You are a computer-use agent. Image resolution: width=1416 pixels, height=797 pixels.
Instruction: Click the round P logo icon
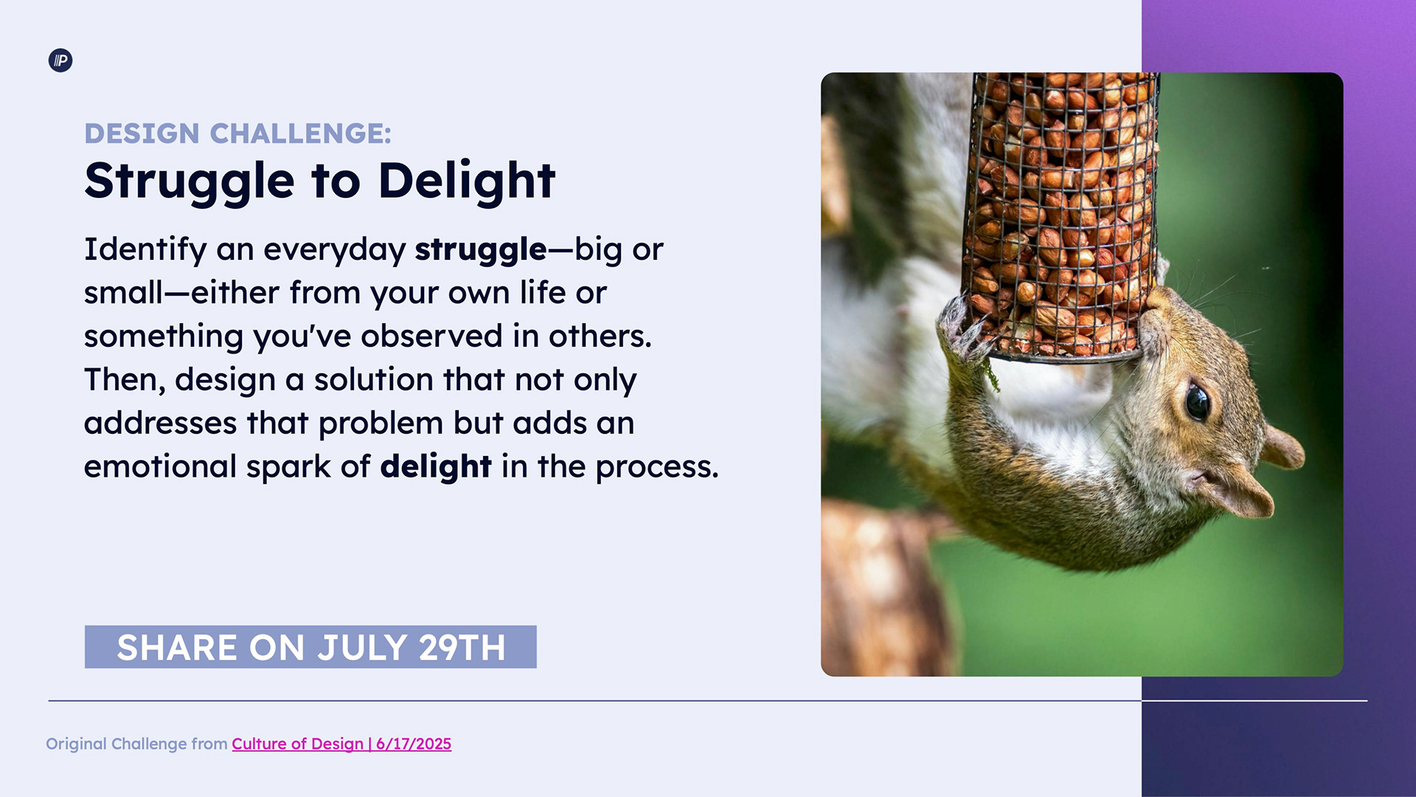[60, 61]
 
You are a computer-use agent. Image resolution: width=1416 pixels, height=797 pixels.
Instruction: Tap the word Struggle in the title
[190, 182]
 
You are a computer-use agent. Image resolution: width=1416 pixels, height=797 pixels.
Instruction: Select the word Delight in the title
[466, 181]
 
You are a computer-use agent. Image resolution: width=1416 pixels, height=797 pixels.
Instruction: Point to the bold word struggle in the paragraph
[481, 250]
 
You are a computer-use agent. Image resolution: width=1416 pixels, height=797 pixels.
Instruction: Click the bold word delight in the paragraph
[436, 467]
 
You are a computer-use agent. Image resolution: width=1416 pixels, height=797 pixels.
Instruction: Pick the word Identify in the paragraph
[145, 250]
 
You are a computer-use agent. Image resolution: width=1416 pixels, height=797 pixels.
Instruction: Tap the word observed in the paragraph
[431, 336]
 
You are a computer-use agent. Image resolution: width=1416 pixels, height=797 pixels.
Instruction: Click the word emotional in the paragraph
[160, 466]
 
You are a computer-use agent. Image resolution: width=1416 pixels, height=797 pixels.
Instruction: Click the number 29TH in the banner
[462, 647]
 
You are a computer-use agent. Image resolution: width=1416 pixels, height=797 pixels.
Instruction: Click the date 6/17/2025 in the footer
[414, 744]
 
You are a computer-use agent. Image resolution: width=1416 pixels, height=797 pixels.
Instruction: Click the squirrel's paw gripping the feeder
[962, 325]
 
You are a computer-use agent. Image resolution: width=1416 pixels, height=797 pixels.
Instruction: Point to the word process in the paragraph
[657, 467]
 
